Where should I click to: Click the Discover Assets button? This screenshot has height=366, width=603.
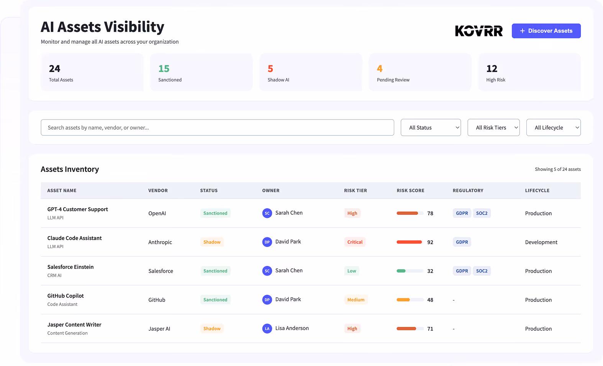546,31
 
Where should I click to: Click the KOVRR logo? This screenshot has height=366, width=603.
478,31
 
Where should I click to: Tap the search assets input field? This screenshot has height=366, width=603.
217,127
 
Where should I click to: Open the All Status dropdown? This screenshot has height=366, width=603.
431,127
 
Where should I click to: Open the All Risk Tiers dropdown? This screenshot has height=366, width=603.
493,127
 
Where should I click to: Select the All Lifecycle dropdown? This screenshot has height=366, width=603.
554,127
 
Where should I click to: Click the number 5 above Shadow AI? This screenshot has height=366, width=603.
270,69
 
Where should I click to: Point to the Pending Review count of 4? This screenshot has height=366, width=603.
380,69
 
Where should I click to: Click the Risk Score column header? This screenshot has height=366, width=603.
411,190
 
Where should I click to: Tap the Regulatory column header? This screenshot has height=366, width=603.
468,190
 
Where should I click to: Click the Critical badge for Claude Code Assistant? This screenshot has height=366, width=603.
355,242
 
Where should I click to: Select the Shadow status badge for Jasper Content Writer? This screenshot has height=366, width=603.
212,328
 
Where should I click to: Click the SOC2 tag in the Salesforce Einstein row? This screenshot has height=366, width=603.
482,271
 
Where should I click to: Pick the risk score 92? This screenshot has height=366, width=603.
430,242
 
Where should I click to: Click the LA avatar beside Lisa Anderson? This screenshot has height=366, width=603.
267,328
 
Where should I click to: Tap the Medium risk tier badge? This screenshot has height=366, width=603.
356,300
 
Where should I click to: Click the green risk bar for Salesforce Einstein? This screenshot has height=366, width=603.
401,271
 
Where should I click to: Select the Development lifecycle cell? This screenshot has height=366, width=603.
541,242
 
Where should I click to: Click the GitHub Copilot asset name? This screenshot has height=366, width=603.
66,296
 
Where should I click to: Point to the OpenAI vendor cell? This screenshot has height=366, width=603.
157,213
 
